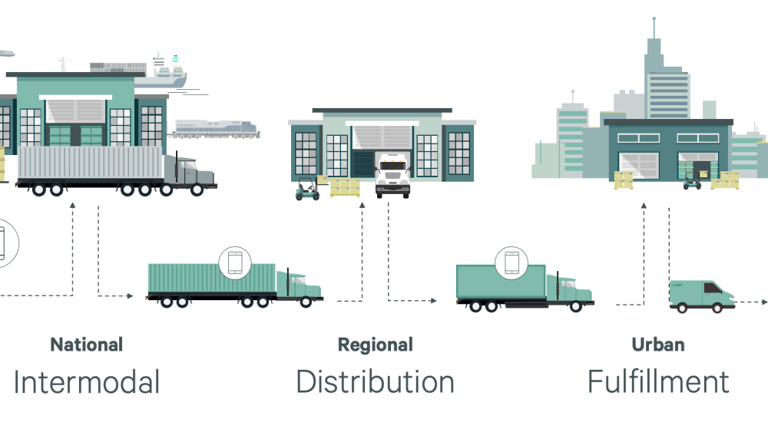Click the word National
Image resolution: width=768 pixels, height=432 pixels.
[86, 345]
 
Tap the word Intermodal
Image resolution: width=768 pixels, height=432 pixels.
[86, 381]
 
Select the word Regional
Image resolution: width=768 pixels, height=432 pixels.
[376, 345]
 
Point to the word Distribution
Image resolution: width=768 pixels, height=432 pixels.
[375, 381]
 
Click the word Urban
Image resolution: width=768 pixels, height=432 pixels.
[657, 345]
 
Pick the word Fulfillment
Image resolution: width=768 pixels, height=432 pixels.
[658, 381]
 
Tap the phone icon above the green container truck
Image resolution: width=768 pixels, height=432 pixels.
[234, 262]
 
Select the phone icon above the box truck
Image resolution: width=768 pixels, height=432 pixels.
[511, 262]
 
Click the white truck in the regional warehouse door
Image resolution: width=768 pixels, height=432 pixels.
[392, 175]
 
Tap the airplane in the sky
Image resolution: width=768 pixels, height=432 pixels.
[6, 54]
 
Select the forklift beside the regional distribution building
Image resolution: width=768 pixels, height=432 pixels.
[307, 189]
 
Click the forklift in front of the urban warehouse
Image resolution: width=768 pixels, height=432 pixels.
[693, 180]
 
